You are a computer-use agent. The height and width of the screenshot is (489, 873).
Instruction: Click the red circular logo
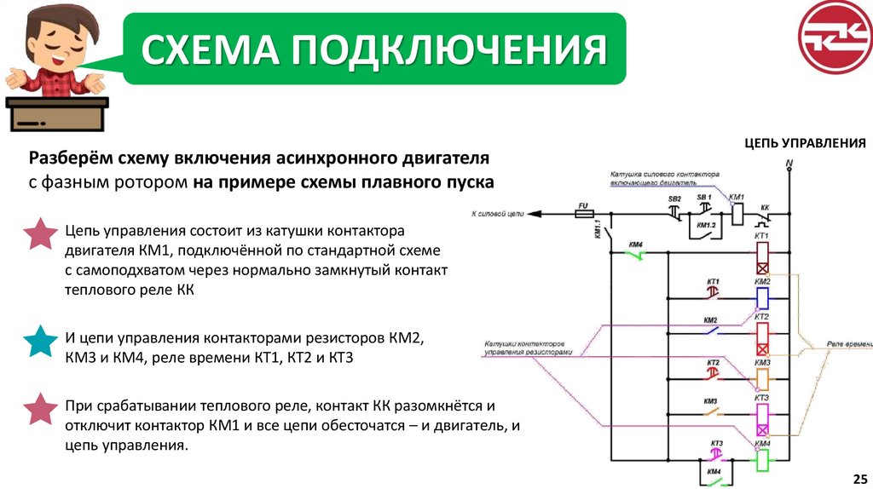click(835, 37)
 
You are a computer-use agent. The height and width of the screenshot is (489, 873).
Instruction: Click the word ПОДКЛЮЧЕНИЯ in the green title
click(450, 49)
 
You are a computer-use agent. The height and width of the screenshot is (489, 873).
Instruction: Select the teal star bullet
click(40, 340)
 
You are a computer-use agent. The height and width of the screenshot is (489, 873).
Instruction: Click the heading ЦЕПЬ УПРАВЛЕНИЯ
click(805, 142)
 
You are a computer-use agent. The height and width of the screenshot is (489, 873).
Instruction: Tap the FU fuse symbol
click(585, 215)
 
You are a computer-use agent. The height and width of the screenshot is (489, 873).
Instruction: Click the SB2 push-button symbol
click(674, 210)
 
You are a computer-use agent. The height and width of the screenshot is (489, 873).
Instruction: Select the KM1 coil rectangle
click(738, 214)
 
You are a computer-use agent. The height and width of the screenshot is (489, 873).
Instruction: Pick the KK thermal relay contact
click(765, 215)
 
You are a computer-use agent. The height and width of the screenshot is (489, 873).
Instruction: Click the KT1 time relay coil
click(762, 256)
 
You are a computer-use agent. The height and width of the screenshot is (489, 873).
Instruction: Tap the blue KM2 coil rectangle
click(762, 297)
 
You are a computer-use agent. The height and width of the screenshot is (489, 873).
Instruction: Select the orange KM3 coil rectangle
click(762, 379)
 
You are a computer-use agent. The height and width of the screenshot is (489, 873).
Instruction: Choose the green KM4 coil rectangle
click(762, 460)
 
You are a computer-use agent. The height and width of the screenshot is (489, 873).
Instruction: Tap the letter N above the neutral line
click(789, 162)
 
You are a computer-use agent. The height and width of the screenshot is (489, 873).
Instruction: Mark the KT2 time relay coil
click(762, 338)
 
